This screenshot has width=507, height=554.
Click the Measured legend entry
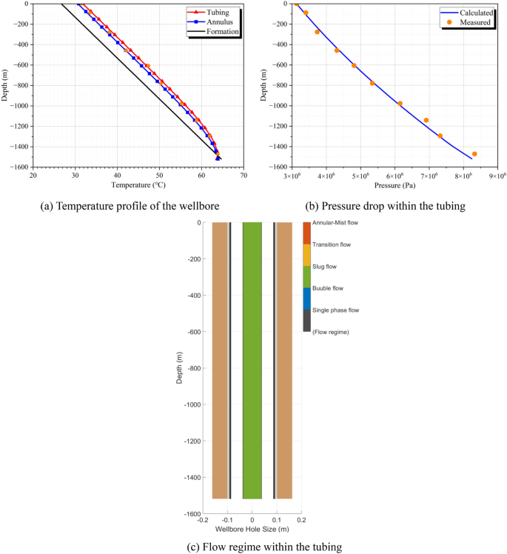(474, 22)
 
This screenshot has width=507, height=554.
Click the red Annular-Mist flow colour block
(307, 233)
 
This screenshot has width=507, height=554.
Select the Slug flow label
(326, 266)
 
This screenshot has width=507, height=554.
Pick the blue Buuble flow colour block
(307, 298)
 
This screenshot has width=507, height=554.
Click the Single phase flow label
(335, 310)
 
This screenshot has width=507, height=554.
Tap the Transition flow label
(332, 244)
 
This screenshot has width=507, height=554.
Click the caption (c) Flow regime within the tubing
(253, 547)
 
